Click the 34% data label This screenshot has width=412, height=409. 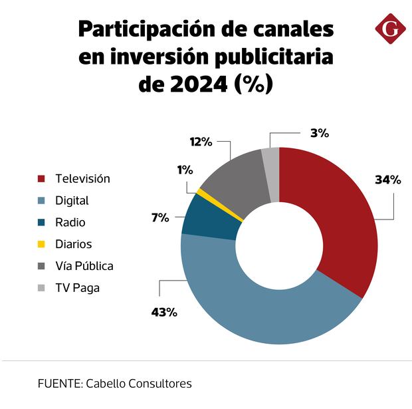pos(388,180)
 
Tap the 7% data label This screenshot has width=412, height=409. pos(160,217)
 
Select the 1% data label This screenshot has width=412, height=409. pos(184,170)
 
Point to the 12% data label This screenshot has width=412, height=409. pos(200,141)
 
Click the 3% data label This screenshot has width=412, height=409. pos(319,132)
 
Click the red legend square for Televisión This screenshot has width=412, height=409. pos(41,179)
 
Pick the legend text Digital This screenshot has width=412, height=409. pos(72,200)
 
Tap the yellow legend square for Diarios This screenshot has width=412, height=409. pos(41,244)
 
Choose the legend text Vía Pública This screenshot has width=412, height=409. pos(84,266)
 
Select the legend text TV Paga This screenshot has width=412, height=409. pos(77,288)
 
